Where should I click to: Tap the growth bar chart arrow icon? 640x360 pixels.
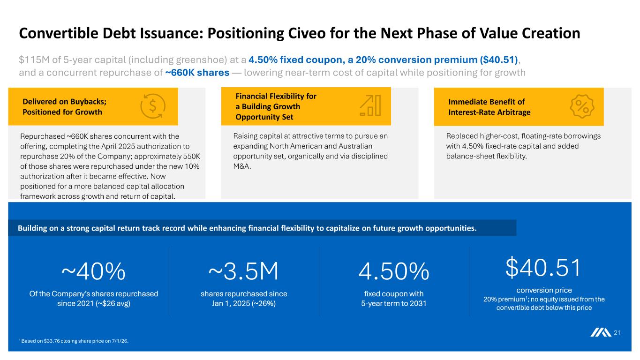tap(370, 105)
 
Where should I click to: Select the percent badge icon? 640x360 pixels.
tap(582, 106)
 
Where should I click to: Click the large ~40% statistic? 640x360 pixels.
tap(93, 271)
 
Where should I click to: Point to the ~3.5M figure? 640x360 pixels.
tap(243, 271)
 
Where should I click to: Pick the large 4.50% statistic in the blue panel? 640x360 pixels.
tap(394, 271)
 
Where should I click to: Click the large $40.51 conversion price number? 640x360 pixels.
tap(543, 268)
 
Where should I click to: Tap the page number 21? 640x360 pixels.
tap(617, 332)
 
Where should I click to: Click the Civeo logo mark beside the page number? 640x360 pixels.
tap(601, 332)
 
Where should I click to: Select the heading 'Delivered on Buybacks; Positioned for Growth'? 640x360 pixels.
tap(65, 106)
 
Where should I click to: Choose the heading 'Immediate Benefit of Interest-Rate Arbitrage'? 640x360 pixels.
tap(489, 107)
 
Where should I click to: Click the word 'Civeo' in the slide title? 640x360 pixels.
tap(307, 33)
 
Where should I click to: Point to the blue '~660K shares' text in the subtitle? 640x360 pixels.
tap(197, 73)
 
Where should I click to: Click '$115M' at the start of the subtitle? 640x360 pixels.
tap(34, 60)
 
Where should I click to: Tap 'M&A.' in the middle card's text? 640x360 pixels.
tap(242, 166)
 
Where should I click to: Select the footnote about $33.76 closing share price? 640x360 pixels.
tap(74, 341)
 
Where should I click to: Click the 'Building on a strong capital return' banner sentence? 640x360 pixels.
tap(247, 228)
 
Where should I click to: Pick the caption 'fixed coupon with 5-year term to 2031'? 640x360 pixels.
tap(394, 299)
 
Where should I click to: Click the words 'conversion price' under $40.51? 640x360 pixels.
tap(544, 290)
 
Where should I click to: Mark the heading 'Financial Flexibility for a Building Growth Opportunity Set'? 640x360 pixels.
tap(276, 106)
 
